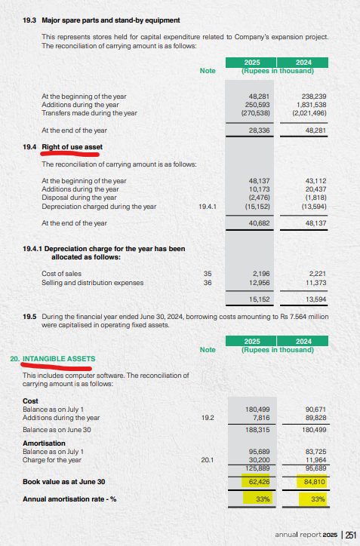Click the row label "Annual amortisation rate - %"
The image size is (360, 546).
[72, 498]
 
